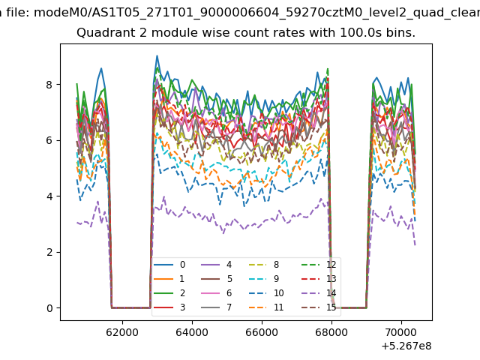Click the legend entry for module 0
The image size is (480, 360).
(x=169, y=265)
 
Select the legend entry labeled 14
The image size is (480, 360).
(x=319, y=293)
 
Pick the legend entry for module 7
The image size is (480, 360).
(x=217, y=307)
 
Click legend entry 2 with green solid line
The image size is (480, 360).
(x=169, y=293)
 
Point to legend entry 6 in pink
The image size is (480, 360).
(x=217, y=293)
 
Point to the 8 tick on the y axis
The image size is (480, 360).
(x=49, y=85)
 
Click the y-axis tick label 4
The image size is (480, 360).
(x=49, y=196)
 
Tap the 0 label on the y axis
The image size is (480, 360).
(x=49, y=308)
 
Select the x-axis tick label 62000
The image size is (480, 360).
(x=122, y=332)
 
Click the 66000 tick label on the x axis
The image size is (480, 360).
(x=262, y=332)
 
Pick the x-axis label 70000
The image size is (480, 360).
(x=401, y=332)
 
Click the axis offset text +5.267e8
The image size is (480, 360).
(x=406, y=346)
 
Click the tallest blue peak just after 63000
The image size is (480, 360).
(x=157, y=55)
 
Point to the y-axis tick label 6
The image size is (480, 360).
(x=49, y=140)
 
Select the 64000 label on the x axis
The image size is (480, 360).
(x=192, y=332)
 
